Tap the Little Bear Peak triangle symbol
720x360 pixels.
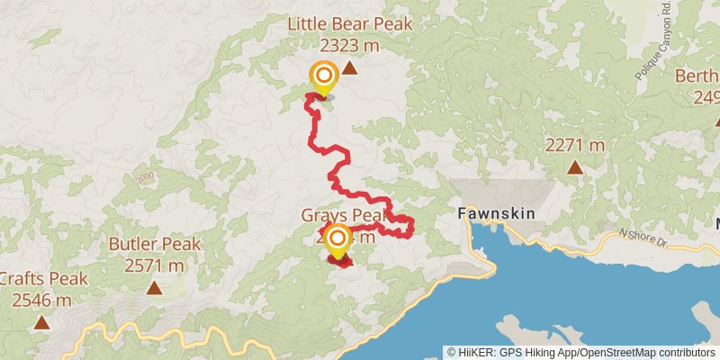tap(349, 67)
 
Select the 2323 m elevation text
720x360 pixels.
tap(350, 44)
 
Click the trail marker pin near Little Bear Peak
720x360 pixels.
tap(322, 77)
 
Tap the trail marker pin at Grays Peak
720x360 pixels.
tap(337, 241)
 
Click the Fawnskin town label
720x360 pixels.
tap(497, 214)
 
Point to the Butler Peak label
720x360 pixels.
tap(155, 245)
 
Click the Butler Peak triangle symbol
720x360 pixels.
tap(155, 288)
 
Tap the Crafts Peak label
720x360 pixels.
tap(42, 279)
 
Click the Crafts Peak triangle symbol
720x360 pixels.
tap(41, 321)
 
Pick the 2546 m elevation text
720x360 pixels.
tap(42, 300)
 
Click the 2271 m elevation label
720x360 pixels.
tap(574, 145)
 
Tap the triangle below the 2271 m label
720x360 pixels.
tap(574, 166)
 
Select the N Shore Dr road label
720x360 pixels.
tap(642, 235)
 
